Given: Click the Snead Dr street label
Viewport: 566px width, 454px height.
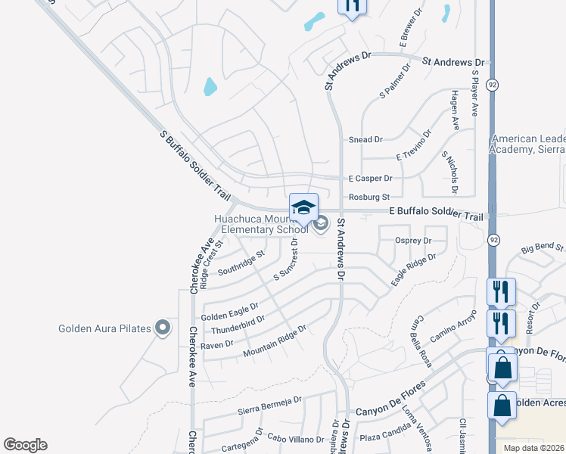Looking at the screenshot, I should tap(365, 140).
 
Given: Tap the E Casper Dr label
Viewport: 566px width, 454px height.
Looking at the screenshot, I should tap(370, 179).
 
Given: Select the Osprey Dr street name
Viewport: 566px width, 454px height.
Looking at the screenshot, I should tap(413, 241).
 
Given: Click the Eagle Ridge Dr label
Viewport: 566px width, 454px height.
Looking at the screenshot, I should tap(414, 269).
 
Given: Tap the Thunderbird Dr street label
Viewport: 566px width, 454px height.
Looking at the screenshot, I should tap(232, 325).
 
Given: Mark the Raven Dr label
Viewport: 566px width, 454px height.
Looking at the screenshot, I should tap(217, 344).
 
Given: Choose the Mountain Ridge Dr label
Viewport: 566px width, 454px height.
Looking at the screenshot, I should tap(274, 341).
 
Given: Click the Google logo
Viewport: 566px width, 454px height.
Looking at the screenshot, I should tap(25, 445).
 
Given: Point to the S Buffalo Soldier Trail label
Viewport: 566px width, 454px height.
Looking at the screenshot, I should tap(195, 165).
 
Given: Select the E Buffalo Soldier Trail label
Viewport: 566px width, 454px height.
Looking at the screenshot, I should tap(435, 215).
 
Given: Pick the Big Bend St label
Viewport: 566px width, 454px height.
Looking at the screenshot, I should tap(543, 247).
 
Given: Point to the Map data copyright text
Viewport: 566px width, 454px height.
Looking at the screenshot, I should tap(533, 448).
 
